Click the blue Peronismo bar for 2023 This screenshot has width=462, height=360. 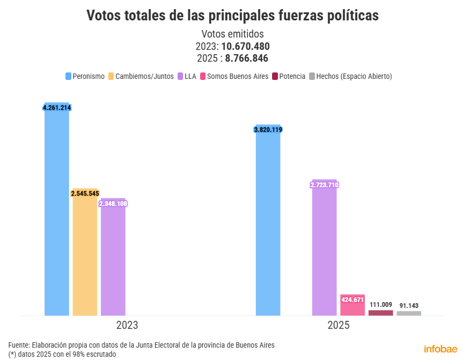[57, 215]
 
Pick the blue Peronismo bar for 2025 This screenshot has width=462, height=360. [268, 225]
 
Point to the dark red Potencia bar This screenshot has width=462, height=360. [380, 313]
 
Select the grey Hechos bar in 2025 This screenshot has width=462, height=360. [409, 313]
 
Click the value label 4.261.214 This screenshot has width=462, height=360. [57, 108]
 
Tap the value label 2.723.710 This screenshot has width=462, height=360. [325, 185]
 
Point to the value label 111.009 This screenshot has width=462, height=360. [380, 305]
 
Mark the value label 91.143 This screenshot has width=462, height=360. [409, 305]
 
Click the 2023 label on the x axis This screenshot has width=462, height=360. [127, 325]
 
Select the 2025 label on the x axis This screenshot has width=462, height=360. [339, 325]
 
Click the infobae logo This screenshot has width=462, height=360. [441, 349]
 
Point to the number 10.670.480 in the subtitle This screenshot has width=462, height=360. [245, 46]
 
